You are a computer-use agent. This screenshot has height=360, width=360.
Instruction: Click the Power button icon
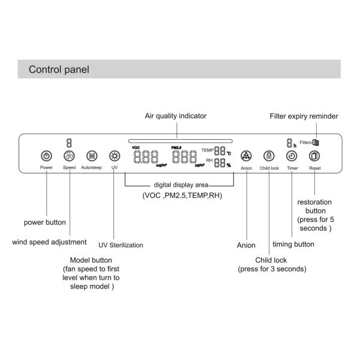click(47, 155)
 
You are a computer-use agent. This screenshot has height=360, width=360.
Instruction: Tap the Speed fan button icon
click(69, 155)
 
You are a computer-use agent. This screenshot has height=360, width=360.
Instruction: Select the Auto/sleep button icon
click(91, 155)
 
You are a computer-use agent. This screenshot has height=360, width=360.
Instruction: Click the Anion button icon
click(246, 156)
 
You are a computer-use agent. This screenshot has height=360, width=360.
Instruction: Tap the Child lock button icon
click(269, 156)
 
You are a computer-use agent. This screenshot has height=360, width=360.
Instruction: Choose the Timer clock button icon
click(292, 156)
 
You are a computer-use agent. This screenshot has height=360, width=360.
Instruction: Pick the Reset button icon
click(314, 156)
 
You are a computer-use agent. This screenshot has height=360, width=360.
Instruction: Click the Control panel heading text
click(59, 70)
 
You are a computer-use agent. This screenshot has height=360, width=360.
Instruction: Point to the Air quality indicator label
click(176, 116)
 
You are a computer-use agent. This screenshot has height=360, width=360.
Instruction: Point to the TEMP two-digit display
click(220, 152)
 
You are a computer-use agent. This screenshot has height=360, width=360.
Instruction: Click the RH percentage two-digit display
click(220, 163)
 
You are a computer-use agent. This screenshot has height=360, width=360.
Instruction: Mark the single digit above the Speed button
click(69, 143)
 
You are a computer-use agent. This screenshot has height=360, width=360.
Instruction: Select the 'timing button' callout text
click(293, 244)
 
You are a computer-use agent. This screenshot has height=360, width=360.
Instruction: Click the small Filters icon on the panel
click(316, 142)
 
